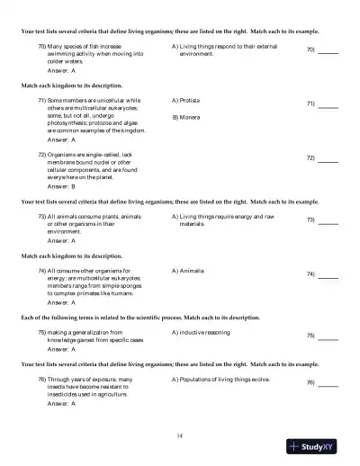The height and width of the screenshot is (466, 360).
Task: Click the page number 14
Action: click(180, 435)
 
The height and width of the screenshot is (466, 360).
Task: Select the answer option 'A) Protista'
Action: click(185, 101)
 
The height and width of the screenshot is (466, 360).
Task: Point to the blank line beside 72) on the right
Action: click(328, 162)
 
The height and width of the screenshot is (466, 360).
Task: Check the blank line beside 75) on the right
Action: click(328, 340)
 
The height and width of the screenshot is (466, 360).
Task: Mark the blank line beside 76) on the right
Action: click(328, 387)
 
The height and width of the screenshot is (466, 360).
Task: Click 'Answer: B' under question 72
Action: click(61, 185)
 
